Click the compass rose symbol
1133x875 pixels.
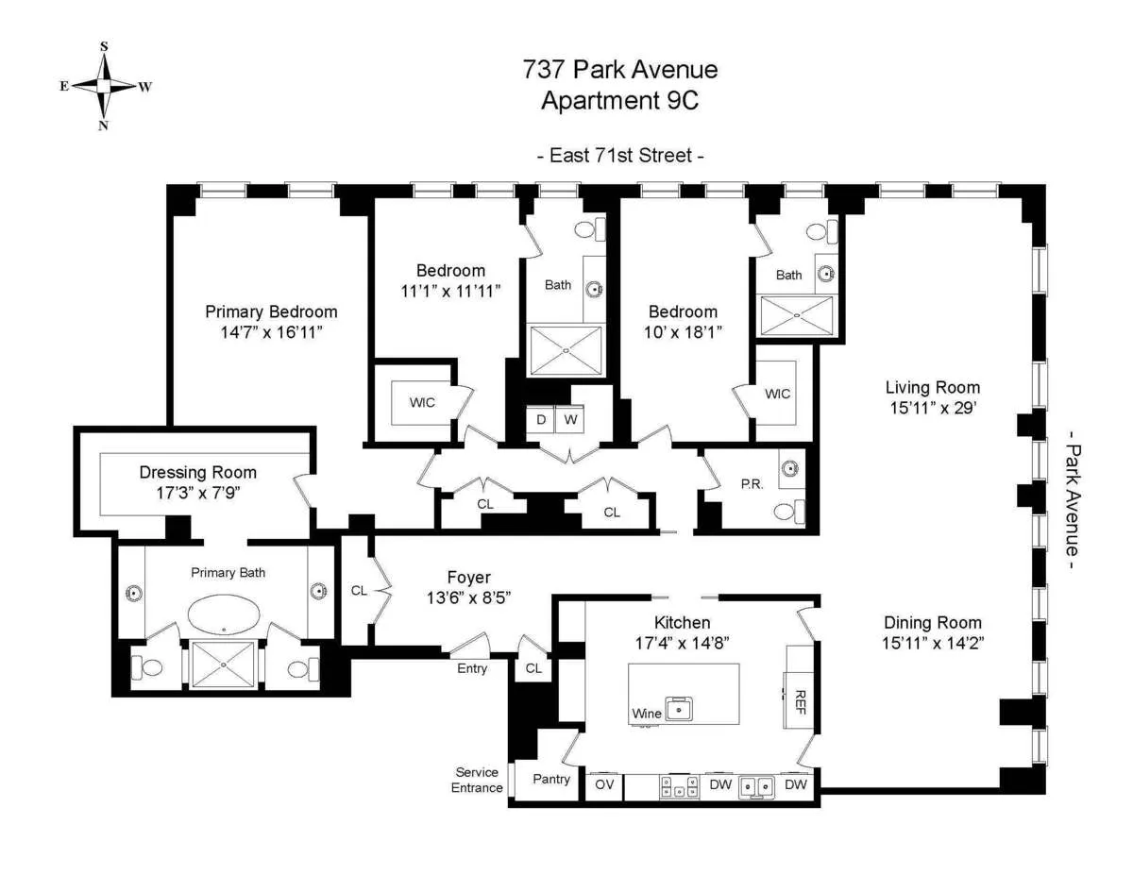tap(104, 85)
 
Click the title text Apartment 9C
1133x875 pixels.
tap(619, 101)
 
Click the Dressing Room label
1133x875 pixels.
tap(198, 472)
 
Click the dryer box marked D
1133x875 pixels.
tap(541, 418)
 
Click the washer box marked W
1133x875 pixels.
tap(570, 418)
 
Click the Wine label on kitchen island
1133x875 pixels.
tap(647, 714)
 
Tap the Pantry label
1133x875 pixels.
tap(551, 779)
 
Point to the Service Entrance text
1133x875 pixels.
tap(477, 780)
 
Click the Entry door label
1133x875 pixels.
tap(472, 668)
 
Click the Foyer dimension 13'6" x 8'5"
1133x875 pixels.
tap(469, 597)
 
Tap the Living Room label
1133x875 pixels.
tap(932, 387)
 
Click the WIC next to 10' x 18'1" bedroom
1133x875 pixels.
tap(777, 394)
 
